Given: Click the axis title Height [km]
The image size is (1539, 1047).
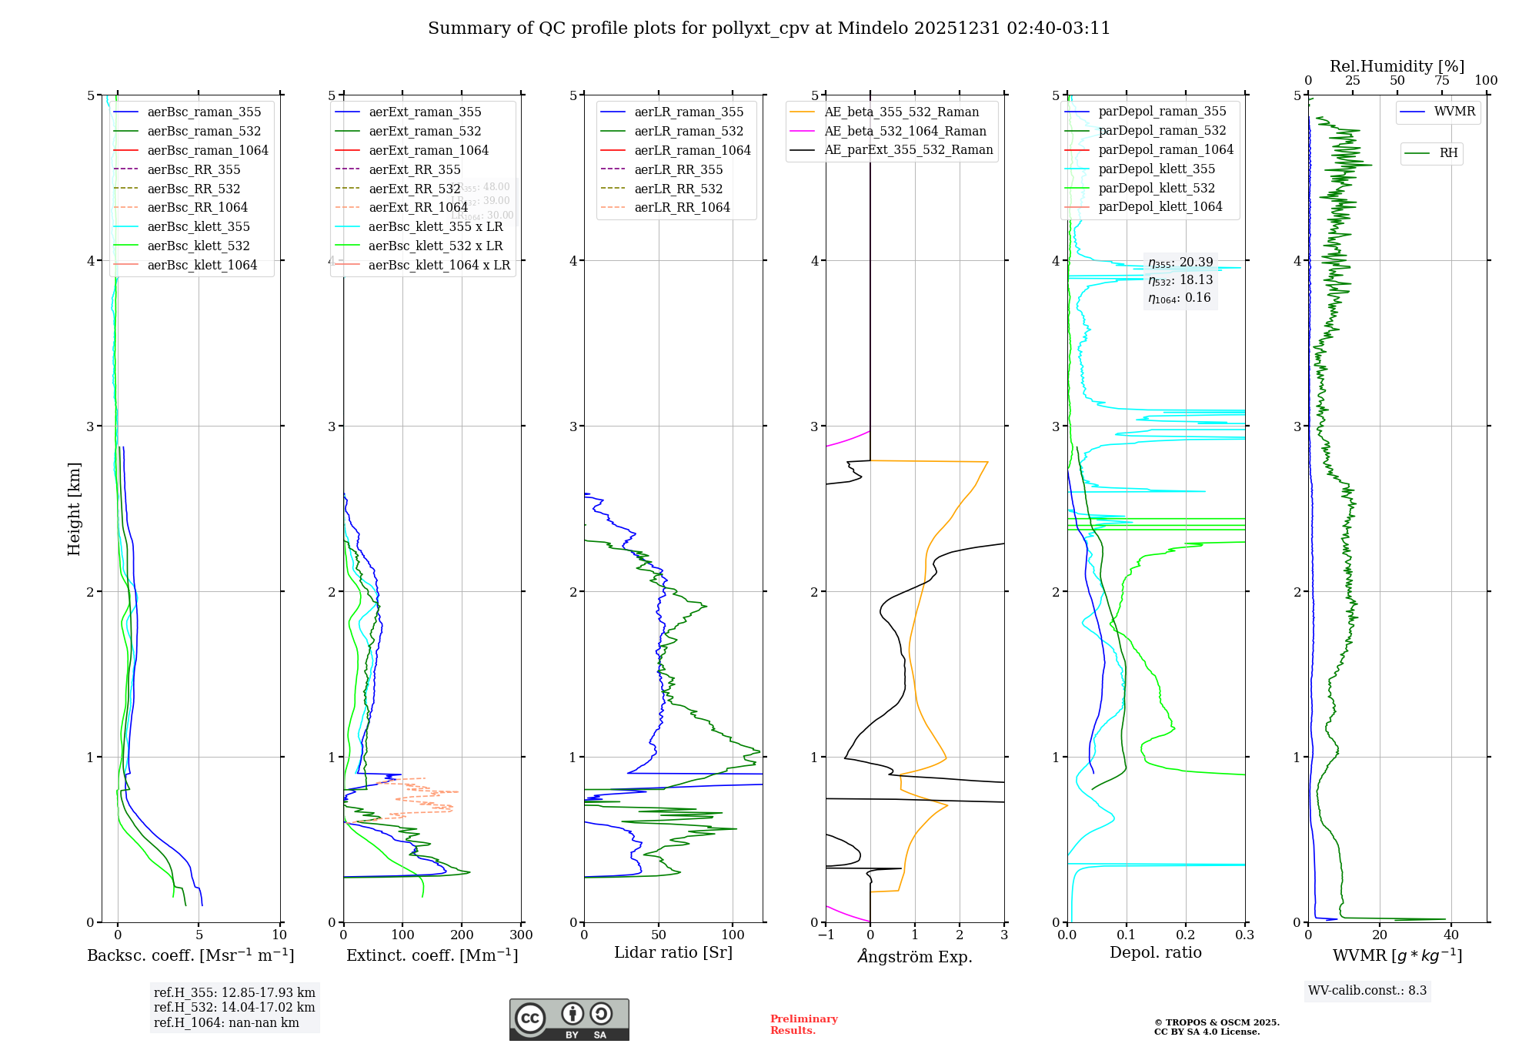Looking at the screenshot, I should [74, 509].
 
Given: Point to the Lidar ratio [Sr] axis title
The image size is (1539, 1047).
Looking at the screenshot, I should [673, 953].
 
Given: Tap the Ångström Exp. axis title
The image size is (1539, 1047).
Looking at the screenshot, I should [915, 957].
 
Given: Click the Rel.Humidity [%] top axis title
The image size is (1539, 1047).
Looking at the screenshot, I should [1397, 66].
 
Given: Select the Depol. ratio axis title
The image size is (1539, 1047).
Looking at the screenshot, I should [1155, 953].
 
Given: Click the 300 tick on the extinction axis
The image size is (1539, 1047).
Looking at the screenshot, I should [521, 935].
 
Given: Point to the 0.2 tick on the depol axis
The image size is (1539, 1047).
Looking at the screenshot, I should [1186, 935].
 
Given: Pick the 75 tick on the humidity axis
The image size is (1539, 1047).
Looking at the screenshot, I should [1441, 81].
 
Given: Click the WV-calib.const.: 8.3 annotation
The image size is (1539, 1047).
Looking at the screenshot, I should [1367, 991].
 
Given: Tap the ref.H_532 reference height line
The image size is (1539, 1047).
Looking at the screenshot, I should [234, 1008].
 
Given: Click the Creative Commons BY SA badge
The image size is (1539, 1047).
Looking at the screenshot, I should [569, 1020].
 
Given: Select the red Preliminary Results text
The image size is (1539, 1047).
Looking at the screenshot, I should [803, 1025].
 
